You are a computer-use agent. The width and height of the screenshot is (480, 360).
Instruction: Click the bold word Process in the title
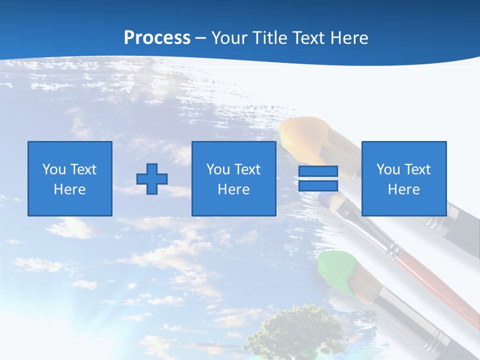tap(157, 38)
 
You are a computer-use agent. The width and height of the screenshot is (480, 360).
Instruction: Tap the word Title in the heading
tap(269, 38)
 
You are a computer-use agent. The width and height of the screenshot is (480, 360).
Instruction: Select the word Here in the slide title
tap(348, 38)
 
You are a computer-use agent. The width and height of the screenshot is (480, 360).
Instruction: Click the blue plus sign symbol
tap(152, 179)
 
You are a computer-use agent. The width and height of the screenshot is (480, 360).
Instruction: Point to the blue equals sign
tap(318, 179)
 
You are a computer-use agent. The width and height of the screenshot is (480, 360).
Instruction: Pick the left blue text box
tap(70, 179)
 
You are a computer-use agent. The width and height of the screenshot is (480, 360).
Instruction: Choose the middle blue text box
tap(234, 179)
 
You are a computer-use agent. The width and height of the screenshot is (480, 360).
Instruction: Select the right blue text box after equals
tap(404, 179)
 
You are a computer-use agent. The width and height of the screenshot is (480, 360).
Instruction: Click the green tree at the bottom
tap(295, 332)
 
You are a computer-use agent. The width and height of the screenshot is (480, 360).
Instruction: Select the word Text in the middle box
tap(247, 169)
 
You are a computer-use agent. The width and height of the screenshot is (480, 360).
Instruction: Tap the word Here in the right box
tap(404, 189)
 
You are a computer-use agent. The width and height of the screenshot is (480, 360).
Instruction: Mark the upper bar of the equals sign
tap(318, 171)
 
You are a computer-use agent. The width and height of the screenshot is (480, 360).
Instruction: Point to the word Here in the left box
tap(70, 189)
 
